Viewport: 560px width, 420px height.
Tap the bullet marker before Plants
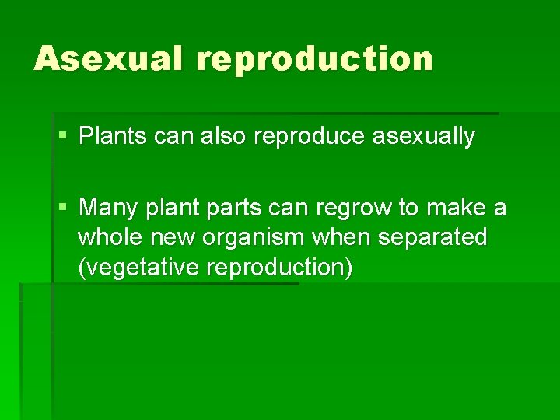[x=63, y=137]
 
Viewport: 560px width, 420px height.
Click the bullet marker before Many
[x=63, y=208]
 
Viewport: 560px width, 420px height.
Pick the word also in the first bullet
[x=223, y=137]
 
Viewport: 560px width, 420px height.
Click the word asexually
[x=424, y=138]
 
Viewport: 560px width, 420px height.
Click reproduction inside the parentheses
[x=277, y=268]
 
